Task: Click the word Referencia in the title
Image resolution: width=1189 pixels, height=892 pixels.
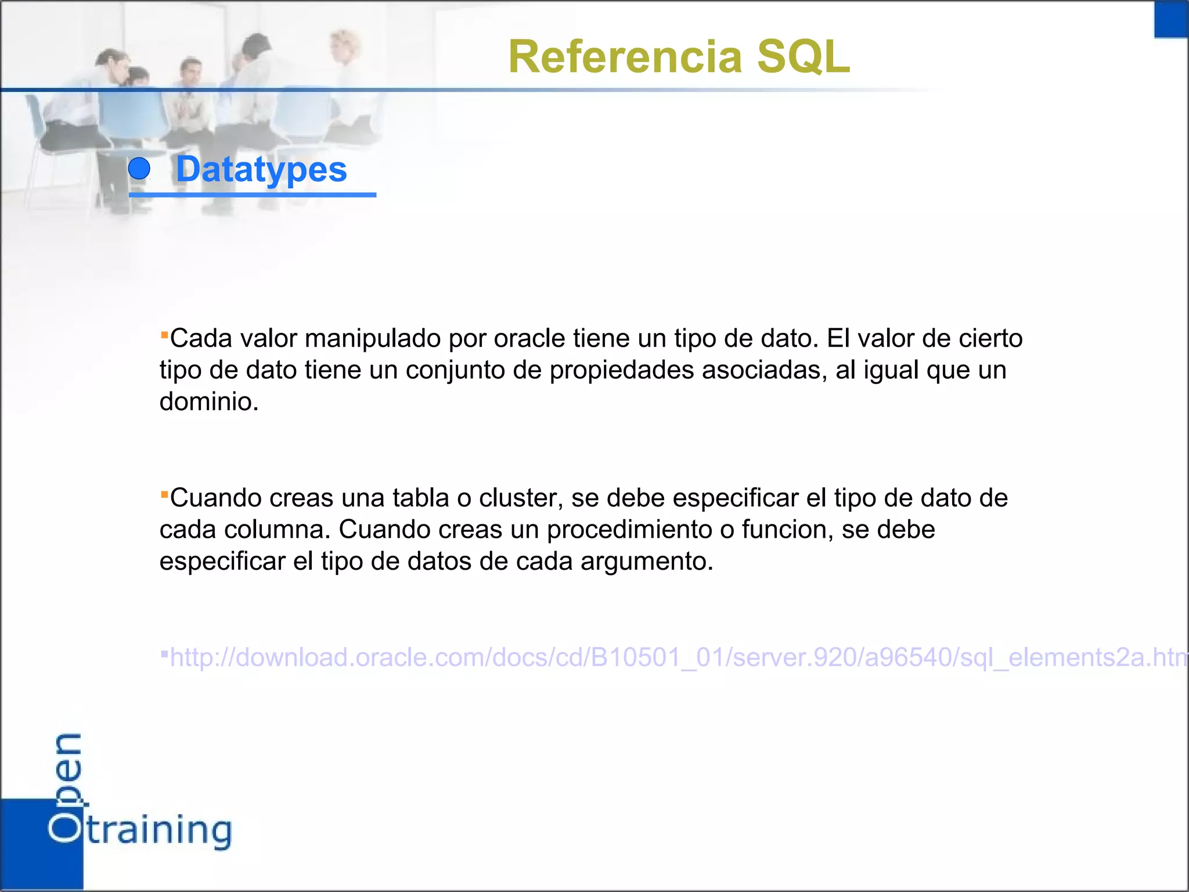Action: click(x=625, y=57)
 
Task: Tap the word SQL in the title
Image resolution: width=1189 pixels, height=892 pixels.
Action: click(x=804, y=57)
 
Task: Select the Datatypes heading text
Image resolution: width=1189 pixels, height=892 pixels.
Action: click(x=261, y=170)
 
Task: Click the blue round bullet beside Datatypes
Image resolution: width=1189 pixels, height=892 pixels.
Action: click(x=139, y=169)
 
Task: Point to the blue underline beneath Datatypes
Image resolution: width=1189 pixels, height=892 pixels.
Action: click(x=253, y=195)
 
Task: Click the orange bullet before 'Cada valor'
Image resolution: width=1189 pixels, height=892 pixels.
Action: click(x=164, y=334)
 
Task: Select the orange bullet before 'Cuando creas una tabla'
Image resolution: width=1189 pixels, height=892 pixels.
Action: click(x=164, y=494)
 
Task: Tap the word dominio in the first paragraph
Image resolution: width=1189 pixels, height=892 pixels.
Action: click(x=209, y=402)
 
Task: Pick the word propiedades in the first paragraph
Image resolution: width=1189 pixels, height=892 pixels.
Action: click(x=622, y=371)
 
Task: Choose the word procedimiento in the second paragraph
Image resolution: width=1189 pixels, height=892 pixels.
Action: click(x=630, y=530)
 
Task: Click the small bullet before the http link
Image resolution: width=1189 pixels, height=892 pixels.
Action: click(x=164, y=654)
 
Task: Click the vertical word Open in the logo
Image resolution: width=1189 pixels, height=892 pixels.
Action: click(x=66, y=787)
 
